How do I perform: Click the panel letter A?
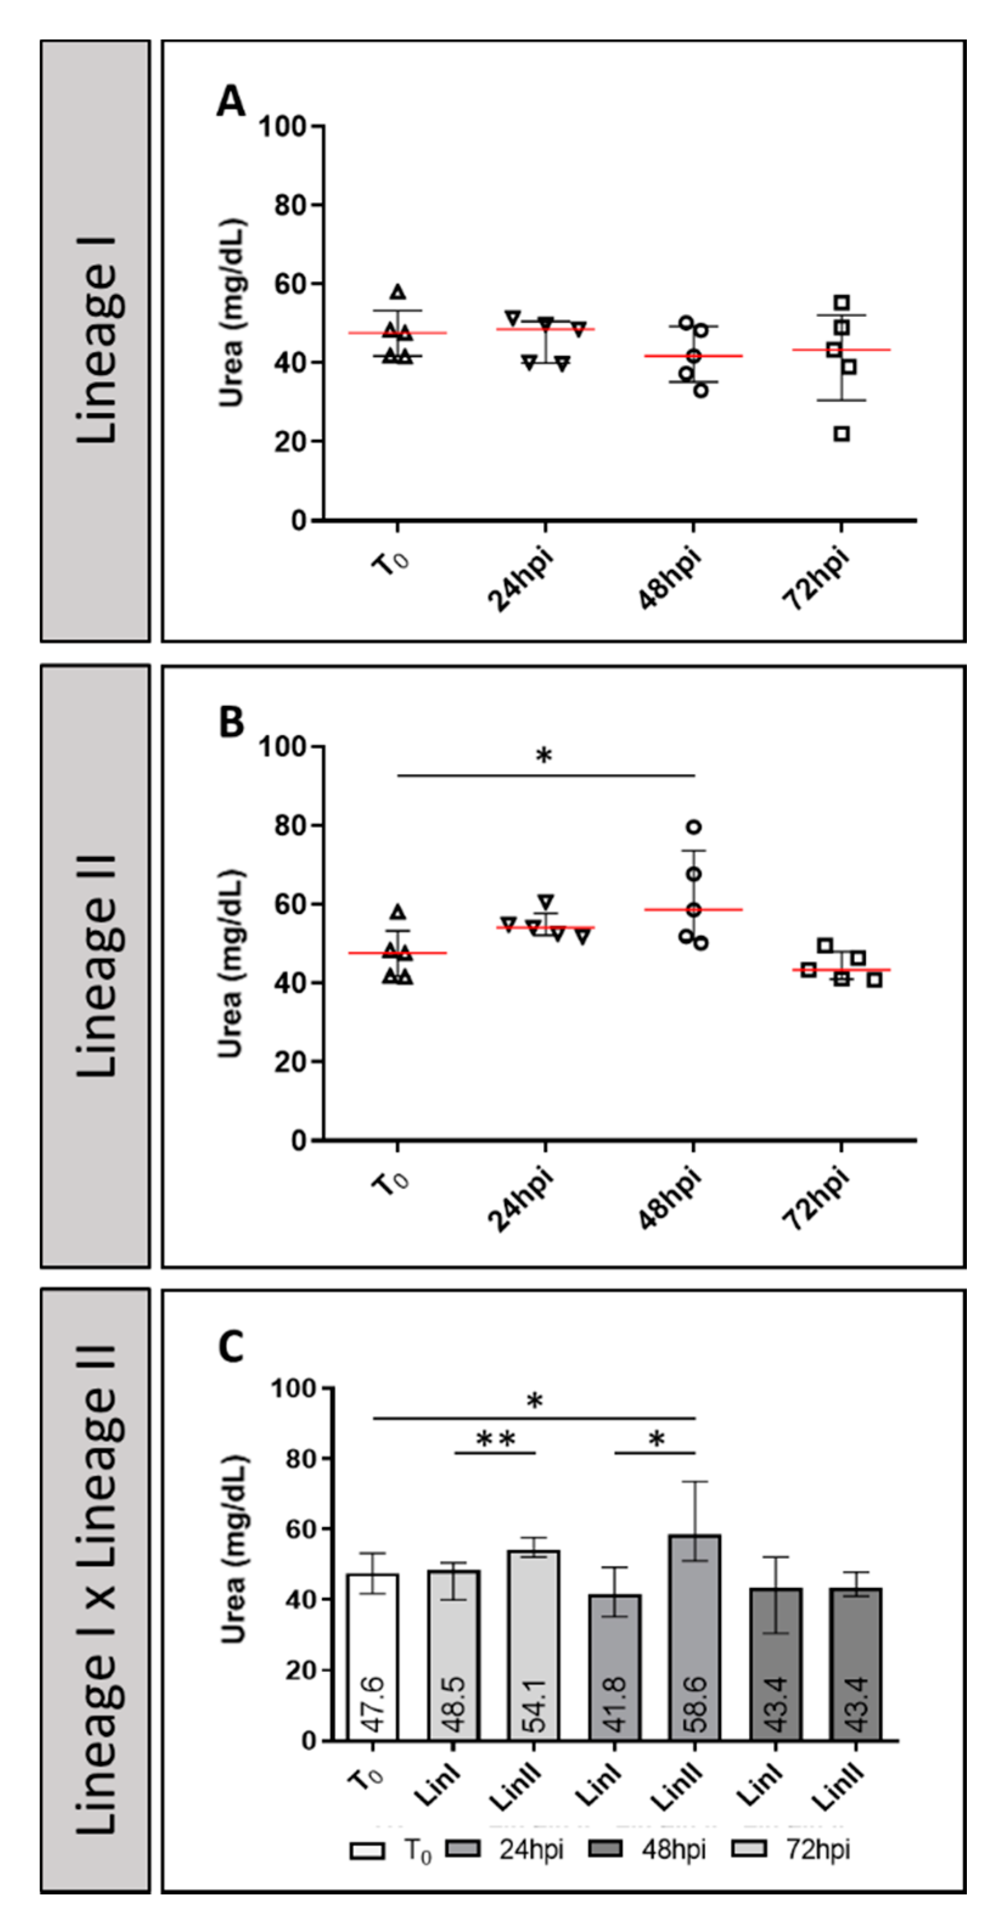coord(230,101)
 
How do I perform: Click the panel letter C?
coord(230,1347)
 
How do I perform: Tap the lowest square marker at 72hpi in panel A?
coord(841,433)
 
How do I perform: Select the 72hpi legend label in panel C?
coord(817,1850)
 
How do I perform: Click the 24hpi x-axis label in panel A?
coord(521,580)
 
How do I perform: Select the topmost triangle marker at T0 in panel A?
coord(398,292)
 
